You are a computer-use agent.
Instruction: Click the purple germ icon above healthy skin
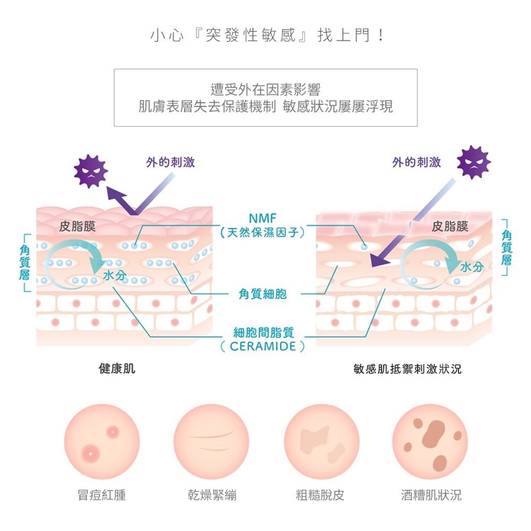point(90,171)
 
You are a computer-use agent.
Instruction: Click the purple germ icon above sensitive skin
point(474,163)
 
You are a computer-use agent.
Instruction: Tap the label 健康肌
point(117,369)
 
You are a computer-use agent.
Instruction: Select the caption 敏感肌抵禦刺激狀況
point(407,369)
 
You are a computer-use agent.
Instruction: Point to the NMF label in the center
point(262,218)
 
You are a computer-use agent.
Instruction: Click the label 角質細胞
point(262,294)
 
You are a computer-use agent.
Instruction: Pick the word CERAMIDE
point(263,346)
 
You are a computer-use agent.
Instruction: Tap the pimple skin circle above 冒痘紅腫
point(102,442)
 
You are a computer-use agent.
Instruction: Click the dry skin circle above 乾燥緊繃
point(212,442)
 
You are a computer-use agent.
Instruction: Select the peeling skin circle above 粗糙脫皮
point(321,442)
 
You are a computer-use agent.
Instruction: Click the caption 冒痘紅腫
point(102,495)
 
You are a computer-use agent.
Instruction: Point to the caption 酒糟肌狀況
point(431,495)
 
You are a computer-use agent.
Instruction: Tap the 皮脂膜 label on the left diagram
point(77,226)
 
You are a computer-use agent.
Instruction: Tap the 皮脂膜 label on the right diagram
point(450,226)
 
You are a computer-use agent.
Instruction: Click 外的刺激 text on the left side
point(170,162)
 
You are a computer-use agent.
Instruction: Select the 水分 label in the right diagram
point(471,267)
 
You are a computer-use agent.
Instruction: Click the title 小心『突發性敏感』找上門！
point(267,35)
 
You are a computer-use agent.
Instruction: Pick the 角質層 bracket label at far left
point(24,262)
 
